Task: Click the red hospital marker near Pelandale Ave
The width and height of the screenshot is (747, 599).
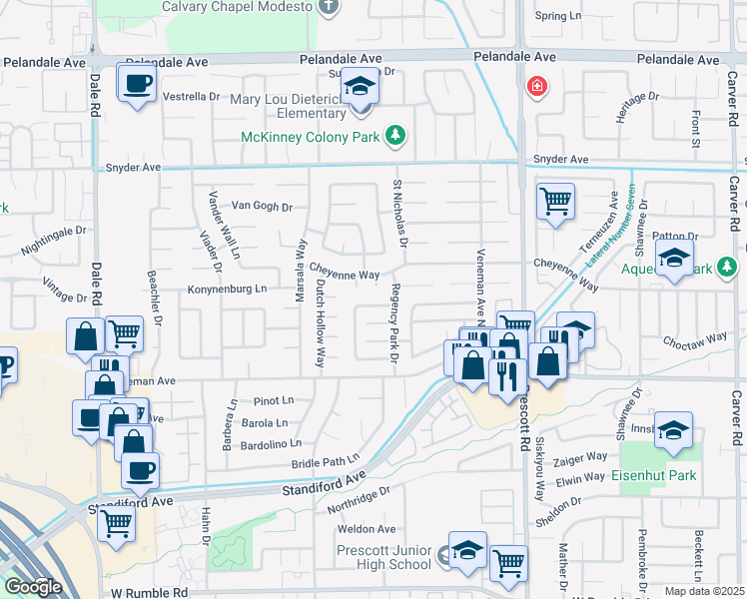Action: [537, 87]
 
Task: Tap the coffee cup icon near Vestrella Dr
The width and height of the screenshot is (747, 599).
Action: [137, 83]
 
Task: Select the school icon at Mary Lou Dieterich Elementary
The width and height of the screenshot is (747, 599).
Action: [361, 88]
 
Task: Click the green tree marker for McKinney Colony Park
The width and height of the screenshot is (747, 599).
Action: [396, 136]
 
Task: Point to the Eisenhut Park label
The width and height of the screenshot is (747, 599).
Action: [654, 476]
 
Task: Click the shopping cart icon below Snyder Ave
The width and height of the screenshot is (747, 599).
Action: [555, 200]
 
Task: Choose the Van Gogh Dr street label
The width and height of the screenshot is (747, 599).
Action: [262, 207]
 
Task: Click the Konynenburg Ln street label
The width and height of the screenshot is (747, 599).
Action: [228, 290]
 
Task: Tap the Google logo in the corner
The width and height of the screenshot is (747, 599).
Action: [33, 587]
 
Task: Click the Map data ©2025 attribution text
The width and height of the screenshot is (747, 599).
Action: [704, 591]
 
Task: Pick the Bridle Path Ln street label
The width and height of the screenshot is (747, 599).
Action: [325, 463]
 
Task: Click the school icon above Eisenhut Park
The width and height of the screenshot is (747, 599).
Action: [675, 429]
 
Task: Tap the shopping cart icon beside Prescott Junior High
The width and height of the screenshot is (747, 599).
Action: [509, 563]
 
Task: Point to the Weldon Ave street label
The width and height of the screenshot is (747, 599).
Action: [368, 529]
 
